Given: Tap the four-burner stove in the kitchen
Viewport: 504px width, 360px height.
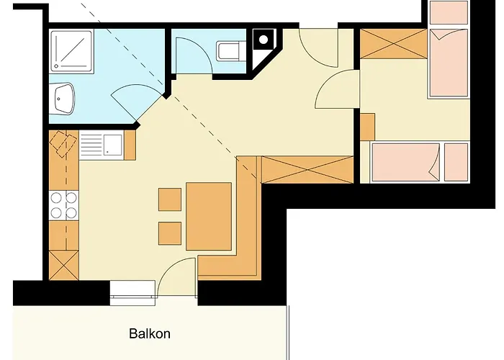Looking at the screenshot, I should coord(63,204).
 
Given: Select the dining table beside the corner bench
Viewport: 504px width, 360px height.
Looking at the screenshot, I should coord(208,216).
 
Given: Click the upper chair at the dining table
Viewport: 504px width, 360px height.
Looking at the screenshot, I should coord(170,199).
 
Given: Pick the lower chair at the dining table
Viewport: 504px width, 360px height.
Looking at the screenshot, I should coord(170,233).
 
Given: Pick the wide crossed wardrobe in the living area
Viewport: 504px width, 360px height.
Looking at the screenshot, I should coord(307,170).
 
